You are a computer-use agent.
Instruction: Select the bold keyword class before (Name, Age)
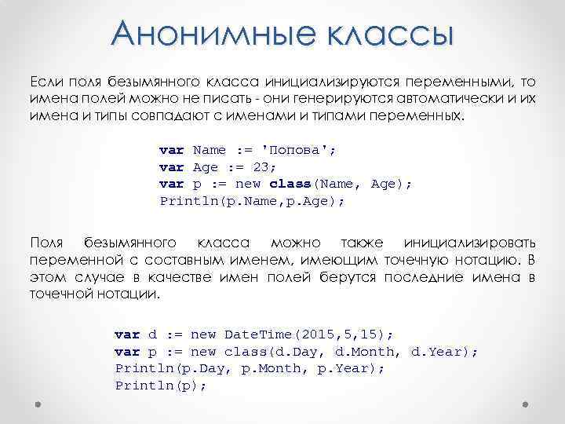pos(290,184)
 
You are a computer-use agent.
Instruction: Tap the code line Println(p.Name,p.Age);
pos(253,201)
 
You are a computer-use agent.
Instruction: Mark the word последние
pos(424,277)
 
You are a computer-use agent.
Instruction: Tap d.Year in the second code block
pos(439,350)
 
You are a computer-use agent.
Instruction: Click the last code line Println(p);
pos(160,385)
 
